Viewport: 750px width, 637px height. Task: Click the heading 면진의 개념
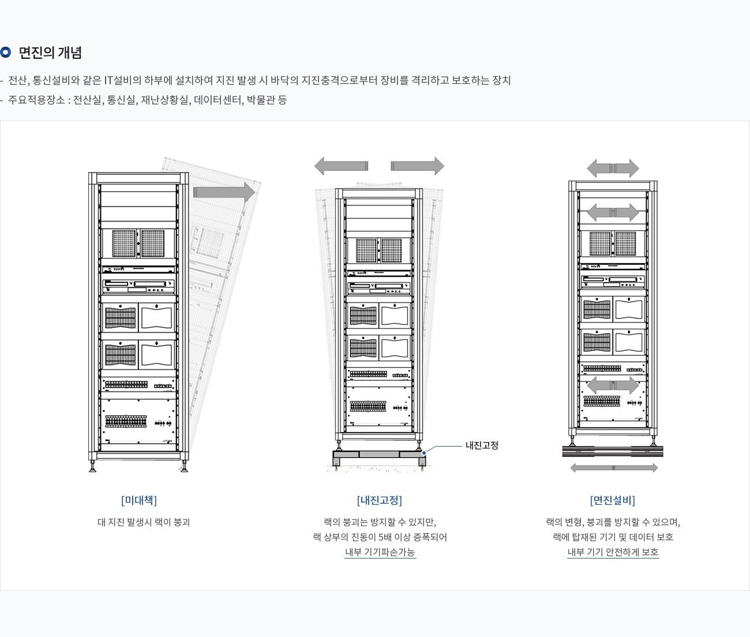coord(50,53)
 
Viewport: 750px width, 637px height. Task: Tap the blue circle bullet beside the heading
coord(6,53)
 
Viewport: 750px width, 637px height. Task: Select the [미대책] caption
coord(139,500)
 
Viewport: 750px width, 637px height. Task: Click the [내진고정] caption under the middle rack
coord(379,500)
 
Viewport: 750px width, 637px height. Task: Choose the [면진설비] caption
coord(612,500)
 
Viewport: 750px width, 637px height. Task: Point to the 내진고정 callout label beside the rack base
coord(482,445)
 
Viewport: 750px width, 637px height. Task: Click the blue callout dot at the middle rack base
coord(424,453)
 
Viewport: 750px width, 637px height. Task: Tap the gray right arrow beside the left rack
coord(224,192)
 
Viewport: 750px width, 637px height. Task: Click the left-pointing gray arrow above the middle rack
coord(341,166)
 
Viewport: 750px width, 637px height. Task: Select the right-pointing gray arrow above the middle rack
coord(417,166)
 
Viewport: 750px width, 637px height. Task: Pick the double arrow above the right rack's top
coord(613,168)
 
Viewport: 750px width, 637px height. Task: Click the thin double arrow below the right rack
coord(614,468)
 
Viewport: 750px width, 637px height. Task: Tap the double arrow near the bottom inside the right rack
coord(613,385)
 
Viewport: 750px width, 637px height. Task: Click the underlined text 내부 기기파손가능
coord(380,552)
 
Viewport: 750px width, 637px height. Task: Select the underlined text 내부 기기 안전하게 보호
coord(613,552)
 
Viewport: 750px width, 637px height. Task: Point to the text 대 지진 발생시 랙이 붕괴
coord(144,522)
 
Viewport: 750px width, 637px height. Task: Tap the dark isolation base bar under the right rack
coord(613,451)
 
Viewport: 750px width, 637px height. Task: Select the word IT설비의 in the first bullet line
coord(122,80)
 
